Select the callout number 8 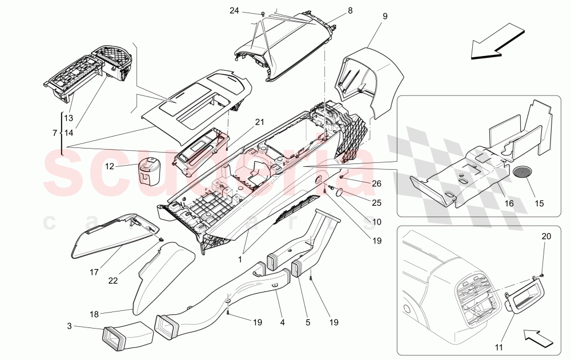(x=350, y=10)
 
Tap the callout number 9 (x=385, y=17)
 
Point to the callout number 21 (x=260, y=122)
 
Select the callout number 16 (x=509, y=203)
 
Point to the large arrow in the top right (x=496, y=42)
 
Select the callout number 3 (x=69, y=326)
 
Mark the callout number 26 (x=376, y=183)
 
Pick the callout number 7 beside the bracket (x=54, y=133)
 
